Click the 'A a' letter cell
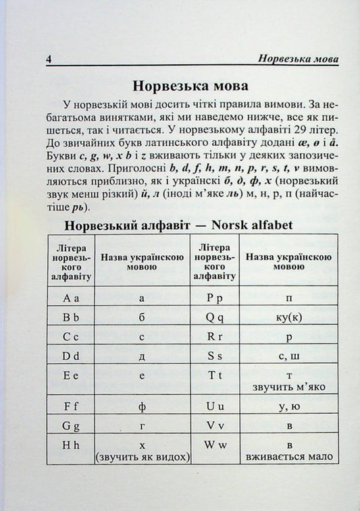click(x=72, y=297)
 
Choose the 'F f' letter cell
click(x=72, y=407)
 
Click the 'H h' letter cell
click(x=72, y=446)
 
